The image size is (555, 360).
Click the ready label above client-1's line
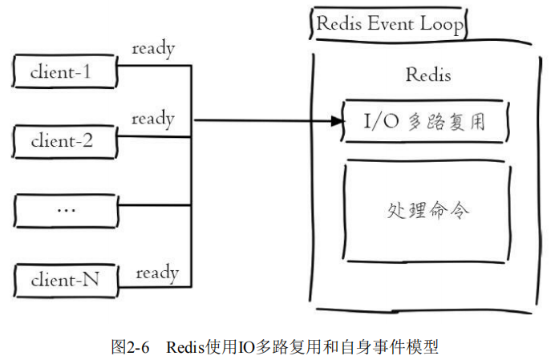tap(153, 48)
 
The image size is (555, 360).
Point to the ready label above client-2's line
tap(153, 119)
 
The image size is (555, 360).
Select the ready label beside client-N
tap(157, 273)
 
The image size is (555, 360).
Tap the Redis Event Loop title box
tap(388, 24)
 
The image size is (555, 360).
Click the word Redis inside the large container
tap(427, 75)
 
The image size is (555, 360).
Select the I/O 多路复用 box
tap(426, 121)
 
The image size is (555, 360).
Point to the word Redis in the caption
tap(185, 346)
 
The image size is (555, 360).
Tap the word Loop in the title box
tap(442, 24)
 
